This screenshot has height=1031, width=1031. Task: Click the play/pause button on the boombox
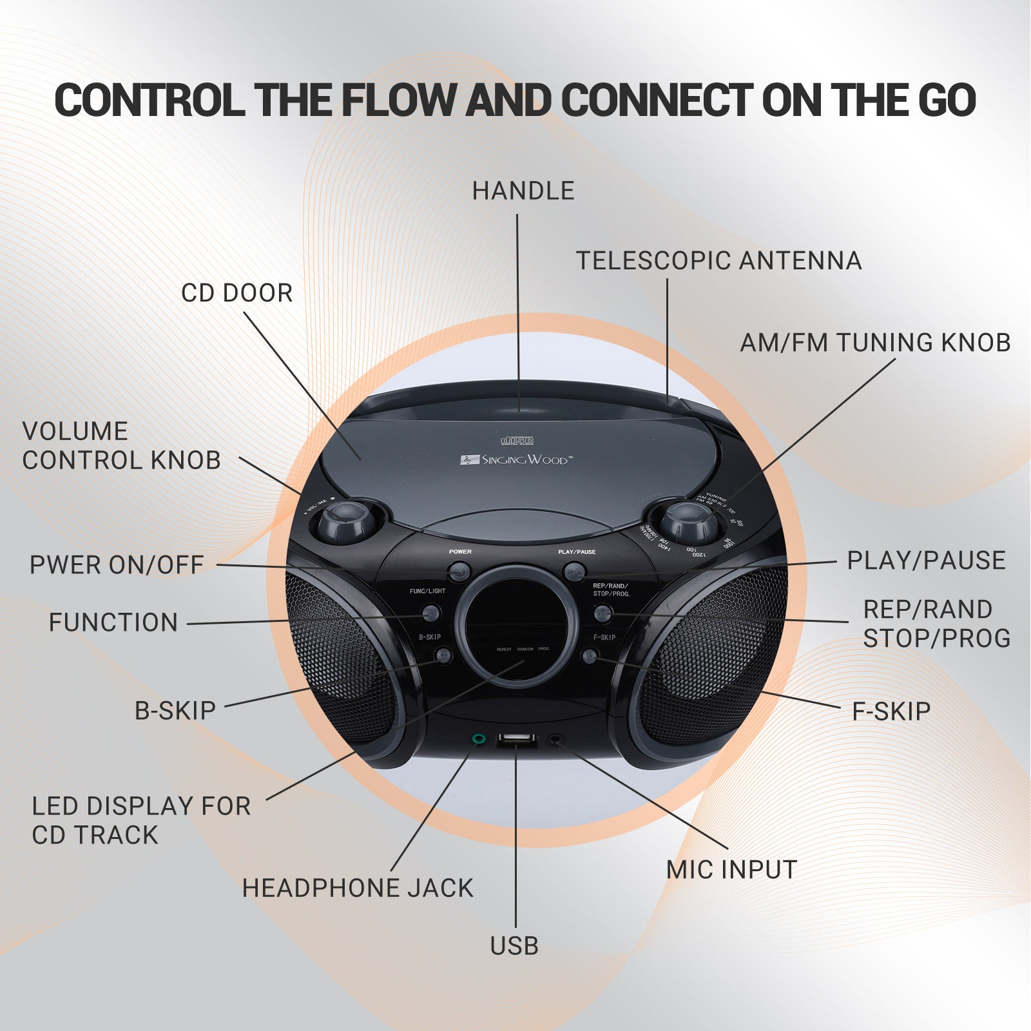click(x=573, y=571)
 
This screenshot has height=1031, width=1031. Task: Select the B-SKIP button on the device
click(x=443, y=656)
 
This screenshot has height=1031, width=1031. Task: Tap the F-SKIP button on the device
click(x=590, y=656)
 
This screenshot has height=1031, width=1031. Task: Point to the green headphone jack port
click(x=478, y=738)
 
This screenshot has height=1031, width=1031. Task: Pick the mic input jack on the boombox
click(x=555, y=739)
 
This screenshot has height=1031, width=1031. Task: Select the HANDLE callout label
click(x=523, y=191)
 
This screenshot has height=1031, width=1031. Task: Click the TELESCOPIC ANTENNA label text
click(x=718, y=261)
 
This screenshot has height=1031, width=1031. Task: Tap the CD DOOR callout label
click(x=236, y=293)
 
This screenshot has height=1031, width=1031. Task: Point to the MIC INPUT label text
click(x=731, y=870)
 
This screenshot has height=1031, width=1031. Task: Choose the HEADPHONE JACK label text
click(x=358, y=888)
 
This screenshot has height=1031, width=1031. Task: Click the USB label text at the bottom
click(x=514, y=946)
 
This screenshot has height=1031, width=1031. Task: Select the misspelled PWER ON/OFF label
click(x=117, y=565)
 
